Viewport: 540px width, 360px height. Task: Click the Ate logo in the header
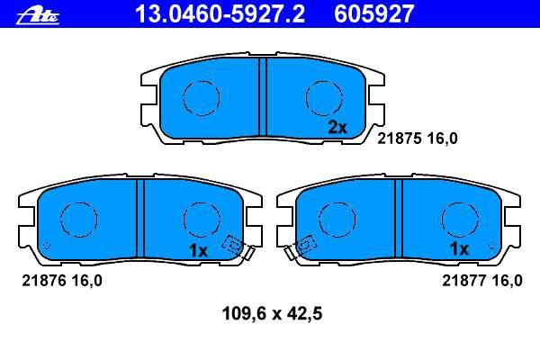tap(38, 16)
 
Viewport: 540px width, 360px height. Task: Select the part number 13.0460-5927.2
tap(220, 14)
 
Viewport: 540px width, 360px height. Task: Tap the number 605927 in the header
tap(374, 14)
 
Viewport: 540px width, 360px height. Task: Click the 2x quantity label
tap(337, 128)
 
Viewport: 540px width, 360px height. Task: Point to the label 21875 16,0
tap(418, 139)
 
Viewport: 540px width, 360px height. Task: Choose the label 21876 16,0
tap(62, 281)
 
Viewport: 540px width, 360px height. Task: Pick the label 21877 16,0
tap(482, 281)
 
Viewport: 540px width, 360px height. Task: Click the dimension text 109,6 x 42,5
tap(272, 313)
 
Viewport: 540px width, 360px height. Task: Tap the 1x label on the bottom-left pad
tap(198, 251)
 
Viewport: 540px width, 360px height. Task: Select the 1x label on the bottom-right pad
tap(459, 248)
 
